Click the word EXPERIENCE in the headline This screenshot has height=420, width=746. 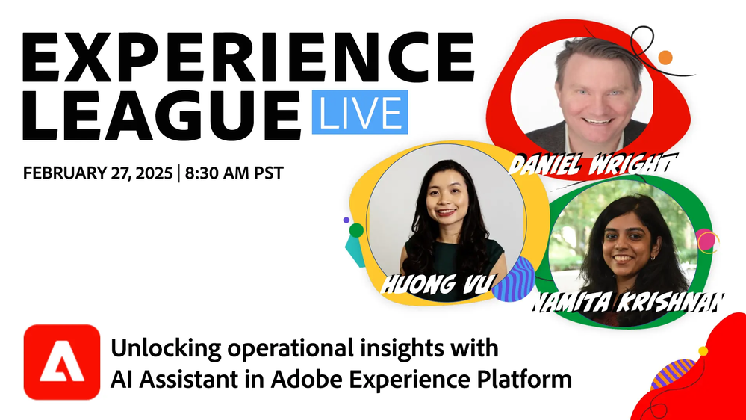coord(249,58)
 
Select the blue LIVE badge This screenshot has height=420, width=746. coord(360,112)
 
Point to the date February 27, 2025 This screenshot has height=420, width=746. coord(98,173)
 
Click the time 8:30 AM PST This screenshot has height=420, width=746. coord(234,173)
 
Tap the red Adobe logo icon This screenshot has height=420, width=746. coord(62,362)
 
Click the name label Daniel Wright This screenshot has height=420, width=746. coord(593,164)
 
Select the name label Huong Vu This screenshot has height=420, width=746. coord(436,283)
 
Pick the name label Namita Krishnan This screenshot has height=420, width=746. coord(627,302)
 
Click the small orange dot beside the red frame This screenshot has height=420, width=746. coord(665,58)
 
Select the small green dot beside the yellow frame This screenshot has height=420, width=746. coord(356,230)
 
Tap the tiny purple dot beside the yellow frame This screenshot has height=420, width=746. coord(346,220)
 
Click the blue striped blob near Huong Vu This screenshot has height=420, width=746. coord(513,280)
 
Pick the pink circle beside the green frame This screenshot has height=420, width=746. coord(706,241)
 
